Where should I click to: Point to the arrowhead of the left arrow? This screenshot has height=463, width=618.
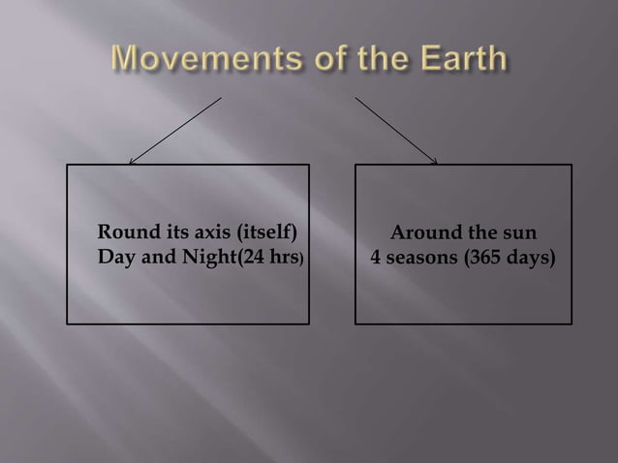pos(132,162)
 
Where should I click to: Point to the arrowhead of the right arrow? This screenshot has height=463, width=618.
pos(436,162)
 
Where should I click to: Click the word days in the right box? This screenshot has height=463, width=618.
pos(532,259)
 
